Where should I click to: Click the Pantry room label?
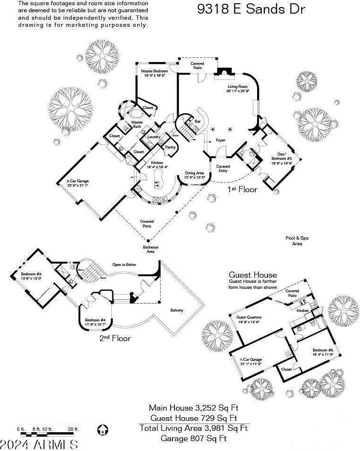170,147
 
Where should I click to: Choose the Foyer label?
220,140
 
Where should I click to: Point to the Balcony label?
177,310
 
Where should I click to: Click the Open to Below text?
124,264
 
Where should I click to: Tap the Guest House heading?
252,275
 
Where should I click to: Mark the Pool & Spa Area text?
297,241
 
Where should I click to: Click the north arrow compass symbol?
103,429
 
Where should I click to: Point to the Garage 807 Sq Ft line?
194,438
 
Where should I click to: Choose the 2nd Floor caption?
115,338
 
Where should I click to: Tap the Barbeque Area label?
149,249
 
